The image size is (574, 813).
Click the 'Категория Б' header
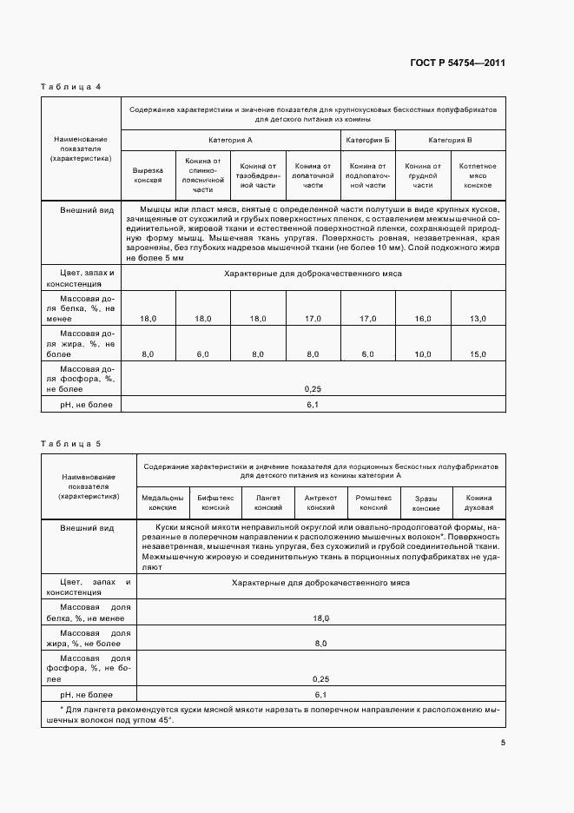tap(367, 140)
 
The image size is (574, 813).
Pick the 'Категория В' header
tap(451, 140)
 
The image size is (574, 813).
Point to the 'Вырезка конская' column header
tap(148, 175)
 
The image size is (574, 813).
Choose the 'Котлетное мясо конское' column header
tap(478, 175)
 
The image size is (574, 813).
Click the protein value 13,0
tap(478, 320)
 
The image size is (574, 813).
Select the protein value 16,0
tap(423, 320)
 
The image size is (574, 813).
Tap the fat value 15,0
tap(478, 354)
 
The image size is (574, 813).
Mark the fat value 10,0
tap(423, 354)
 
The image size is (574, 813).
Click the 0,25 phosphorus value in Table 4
tap(313, 389)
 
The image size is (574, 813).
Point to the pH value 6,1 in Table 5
tap(320, 695)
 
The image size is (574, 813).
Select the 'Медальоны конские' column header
tap(162, 503)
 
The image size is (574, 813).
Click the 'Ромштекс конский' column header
tap(373, 503)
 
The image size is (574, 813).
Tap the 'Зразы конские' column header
tap(426, 503)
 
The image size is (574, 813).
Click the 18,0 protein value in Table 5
tap(320, 618)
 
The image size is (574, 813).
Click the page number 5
tap(503, 743)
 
